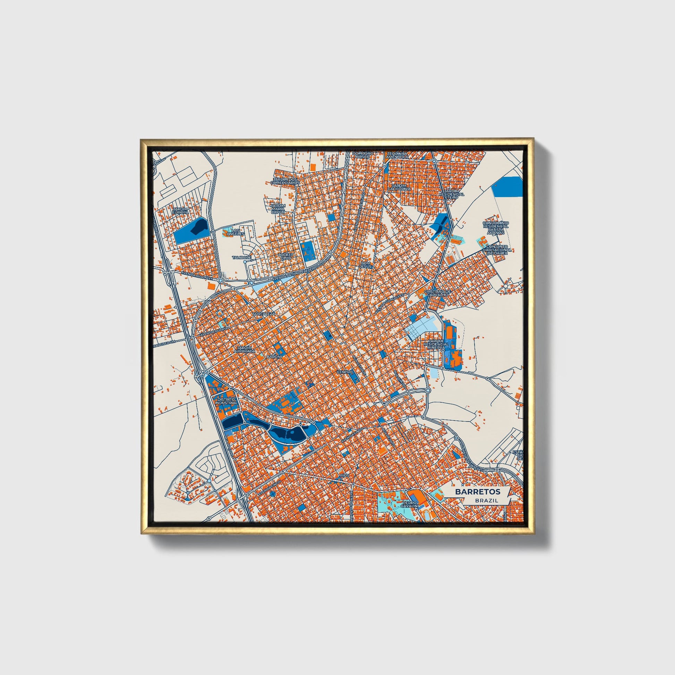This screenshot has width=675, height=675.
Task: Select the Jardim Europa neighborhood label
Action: (x=180, y=210)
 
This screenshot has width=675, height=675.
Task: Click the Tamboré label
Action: (x=242, y=257)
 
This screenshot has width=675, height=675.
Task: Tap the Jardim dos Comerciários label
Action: (x=285, y=181)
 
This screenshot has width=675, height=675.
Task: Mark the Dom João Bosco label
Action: (x=363, y=155)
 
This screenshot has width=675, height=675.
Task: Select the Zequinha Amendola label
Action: (x=397, y=155)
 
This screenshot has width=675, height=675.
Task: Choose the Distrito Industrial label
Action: (x=226, y=400)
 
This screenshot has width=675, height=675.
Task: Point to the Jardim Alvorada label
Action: (x=246, y=349)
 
